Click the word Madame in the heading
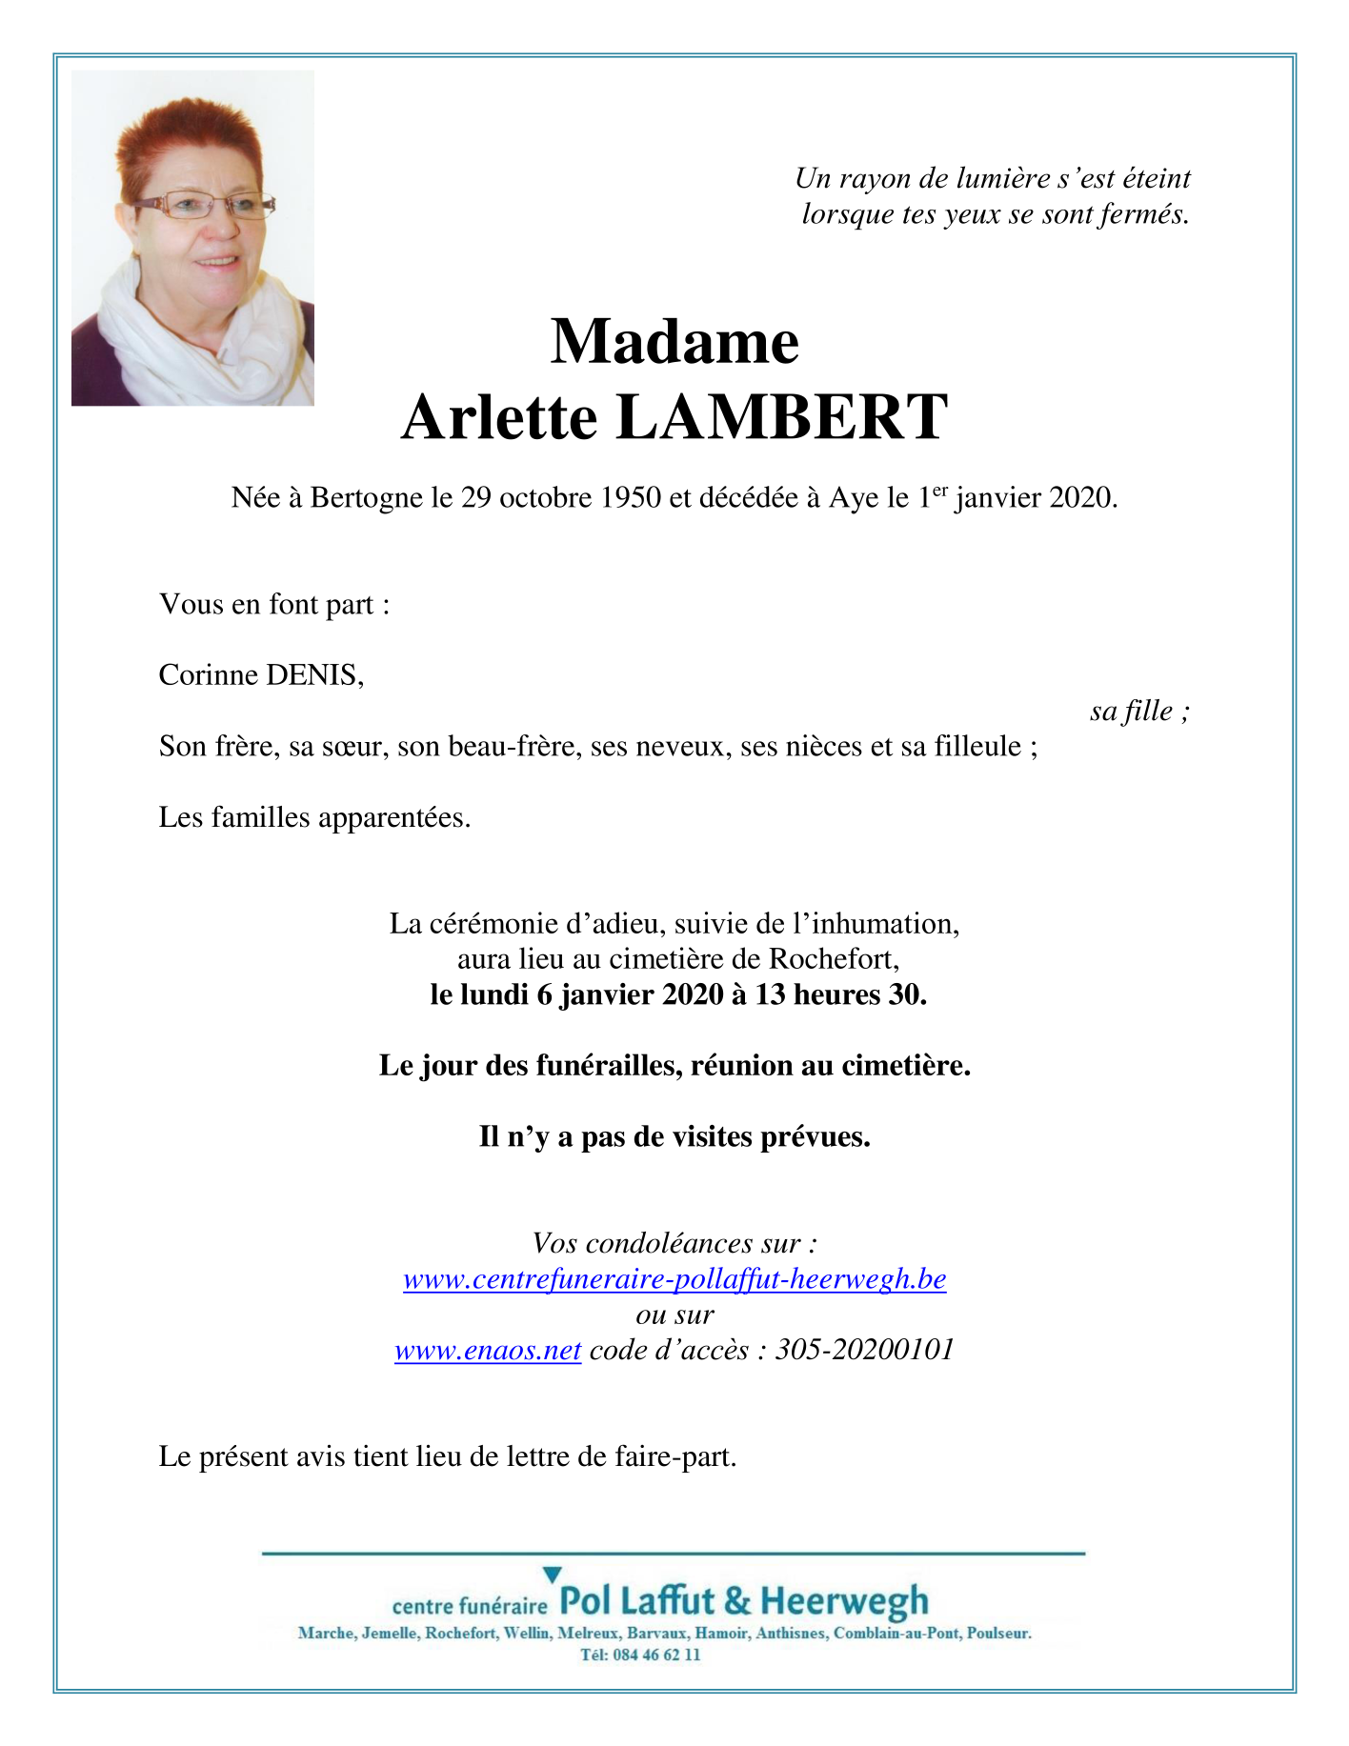[x=674, y=342]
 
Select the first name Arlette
[x=499, y=417]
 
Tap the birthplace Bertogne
[x=367, y=497]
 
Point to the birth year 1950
[x=629, y=497]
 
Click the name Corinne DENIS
[x=260, y=675]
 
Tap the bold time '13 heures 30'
[x=839, y=994]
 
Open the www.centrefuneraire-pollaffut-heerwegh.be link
[x=674, y=1278]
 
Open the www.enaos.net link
[x=488, y=1350]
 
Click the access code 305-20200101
[x=864, y=1350]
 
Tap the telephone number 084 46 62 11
[x=656, y=1655]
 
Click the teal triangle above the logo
[x=552, y=1575]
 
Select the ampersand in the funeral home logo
[x=737, y=1601]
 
